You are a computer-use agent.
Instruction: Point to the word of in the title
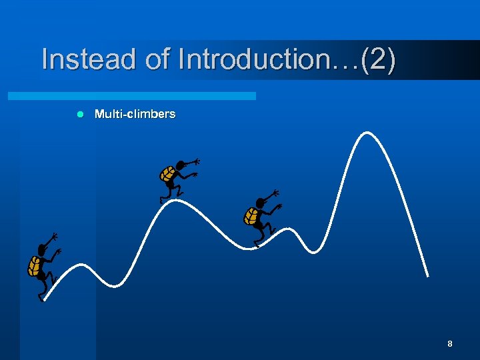158,59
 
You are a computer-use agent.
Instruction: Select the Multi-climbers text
135,114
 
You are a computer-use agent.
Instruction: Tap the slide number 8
450,344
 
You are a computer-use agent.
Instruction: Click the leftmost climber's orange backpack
35,266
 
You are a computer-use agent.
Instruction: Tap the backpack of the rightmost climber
251,216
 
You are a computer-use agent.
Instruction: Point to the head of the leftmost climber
43,249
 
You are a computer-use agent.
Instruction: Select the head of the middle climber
179,165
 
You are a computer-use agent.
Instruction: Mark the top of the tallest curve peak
365,133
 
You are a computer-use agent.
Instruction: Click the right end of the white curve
427,275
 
